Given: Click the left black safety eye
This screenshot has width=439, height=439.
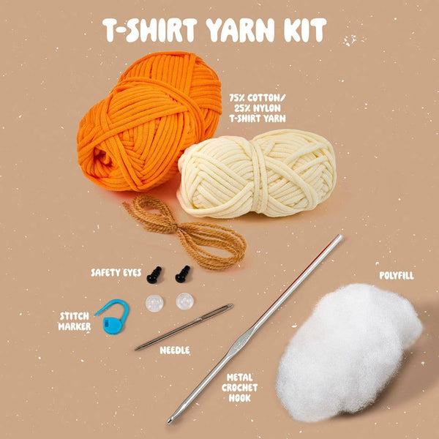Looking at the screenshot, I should click(154, 274).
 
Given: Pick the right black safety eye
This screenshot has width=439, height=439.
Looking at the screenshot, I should click(181, 274).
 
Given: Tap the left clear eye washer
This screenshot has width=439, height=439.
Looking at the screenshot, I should click(154, 303).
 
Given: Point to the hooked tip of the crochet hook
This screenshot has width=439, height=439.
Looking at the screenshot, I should click(171, 420).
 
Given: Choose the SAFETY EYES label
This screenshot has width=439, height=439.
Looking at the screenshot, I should click(116, 272).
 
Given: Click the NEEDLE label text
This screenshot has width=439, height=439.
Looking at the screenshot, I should click(174, 350).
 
